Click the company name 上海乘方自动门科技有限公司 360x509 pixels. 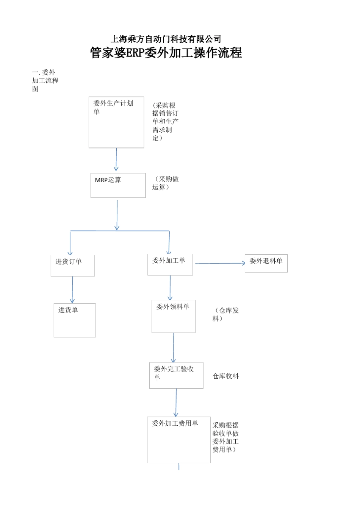[x=166, y=39]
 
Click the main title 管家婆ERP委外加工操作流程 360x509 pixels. [x=166, y=53]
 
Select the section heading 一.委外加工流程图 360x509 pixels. [x=45, y=81]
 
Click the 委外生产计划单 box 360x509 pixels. [x=116, y=122]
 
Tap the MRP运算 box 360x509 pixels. [x=118, y=185]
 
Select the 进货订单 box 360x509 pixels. [x=72, y=265]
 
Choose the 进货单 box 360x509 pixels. [x=75, y=320]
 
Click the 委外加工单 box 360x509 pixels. [x=170, y=264]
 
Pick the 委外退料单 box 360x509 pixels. [x=266, y=263]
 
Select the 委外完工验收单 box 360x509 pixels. [x=176, y=375]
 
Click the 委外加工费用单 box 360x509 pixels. [x=178, y=440]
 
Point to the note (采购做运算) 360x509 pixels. [x=166, y=183]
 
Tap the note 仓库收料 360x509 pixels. [x=225, y=376]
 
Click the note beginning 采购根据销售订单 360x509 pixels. [x=165, y=122]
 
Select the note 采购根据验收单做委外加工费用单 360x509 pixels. [x=225, y=437]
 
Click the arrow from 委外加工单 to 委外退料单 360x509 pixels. [x=220, y=263]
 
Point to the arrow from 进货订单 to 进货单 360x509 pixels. [x=72, y=290]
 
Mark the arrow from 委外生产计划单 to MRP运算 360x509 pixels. [x=116, y=160]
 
